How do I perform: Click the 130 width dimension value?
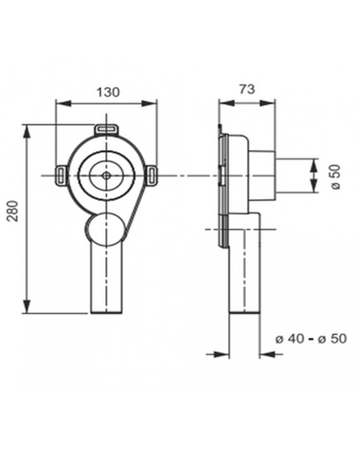(x=108, y=92)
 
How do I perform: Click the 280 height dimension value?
(x=13, y=211)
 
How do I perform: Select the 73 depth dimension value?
(x=247, y=89)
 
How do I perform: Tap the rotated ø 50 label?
(x=336, y=176)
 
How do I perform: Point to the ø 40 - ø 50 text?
(x=310, y=338)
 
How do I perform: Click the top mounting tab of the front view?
(x=107, y=130)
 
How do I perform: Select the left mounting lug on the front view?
(x=61, y=174)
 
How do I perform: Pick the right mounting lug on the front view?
(x=152, y=174)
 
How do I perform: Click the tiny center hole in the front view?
(x=106, y=175)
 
